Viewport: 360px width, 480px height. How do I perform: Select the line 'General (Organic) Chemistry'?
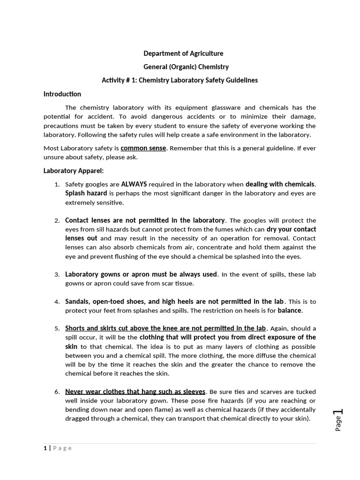pyautogui.click(x=180, y=67)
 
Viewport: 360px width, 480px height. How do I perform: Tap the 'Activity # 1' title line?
pyautogui.click(x=180, y=80)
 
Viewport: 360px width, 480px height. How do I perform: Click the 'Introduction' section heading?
pyautogui.click(x=62, y=94)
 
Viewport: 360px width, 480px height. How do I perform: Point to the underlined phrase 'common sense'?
pyautogui.click(x=143, y=148)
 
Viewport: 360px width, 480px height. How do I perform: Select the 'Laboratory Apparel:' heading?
pyautogui.click(x=74, y=171)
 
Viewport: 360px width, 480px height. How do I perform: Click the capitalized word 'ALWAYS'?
pyautogui.click(x=134, y=184)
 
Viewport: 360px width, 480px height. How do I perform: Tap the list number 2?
pyautogui.click(x=57, y=221)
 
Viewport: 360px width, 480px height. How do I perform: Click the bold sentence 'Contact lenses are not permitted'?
pyautogui.click(x=145, y=220)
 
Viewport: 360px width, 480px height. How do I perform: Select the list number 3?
pyautogui.click(x=57, y=275)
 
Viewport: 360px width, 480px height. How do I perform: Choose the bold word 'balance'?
pyautogui.click(x=290, y=310)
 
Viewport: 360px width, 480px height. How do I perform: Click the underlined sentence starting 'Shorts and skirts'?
pyautogui.click(x=165, y=328)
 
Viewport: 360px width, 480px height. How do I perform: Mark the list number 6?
pyautogui.click(x=57, y=392)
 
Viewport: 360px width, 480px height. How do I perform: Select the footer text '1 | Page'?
pyautogui.click(x=58, y=448)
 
